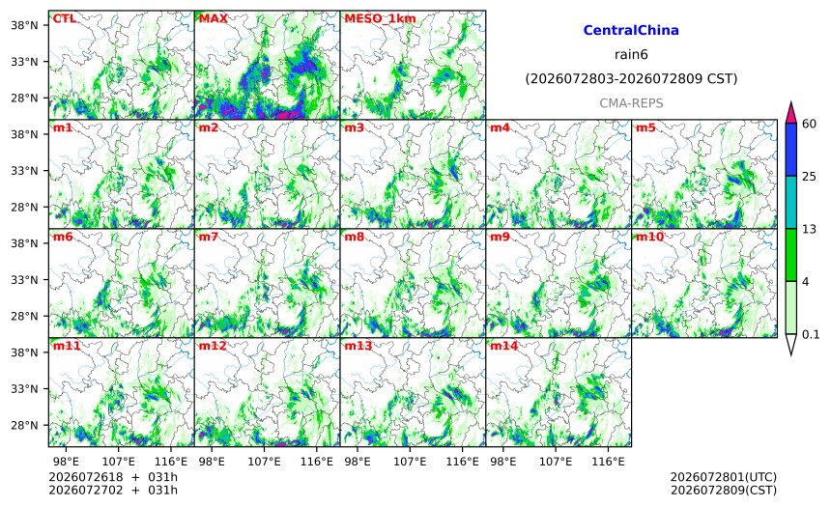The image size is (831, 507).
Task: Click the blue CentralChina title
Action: [x=631, y=30]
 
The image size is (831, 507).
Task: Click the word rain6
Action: [x=631, y=55]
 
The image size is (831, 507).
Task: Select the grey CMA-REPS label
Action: [x=631, y=103]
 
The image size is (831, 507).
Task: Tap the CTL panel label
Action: [x=64, y=18]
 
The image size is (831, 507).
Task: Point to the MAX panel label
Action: [x=213, y=18]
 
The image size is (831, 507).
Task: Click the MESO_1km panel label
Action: [x=380, y=19]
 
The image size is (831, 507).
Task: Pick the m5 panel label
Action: [x=645, y=127]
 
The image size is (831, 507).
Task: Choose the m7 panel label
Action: [x=209, y=237]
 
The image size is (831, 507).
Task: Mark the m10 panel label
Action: [x=649, y=237]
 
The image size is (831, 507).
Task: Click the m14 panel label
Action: [x=504, y=346]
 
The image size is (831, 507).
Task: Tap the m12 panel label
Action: [x=213, y=346]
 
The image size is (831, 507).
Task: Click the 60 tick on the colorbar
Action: [x=809, y=124]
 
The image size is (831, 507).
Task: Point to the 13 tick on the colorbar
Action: [x=809, y=229]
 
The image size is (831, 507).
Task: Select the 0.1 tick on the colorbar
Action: [x=811, y=334]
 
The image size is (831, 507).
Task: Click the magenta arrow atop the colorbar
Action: [x=790, y=112]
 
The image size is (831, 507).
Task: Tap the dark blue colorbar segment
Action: [x=790, y=150]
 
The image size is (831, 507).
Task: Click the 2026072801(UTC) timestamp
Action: [x=724, y=478]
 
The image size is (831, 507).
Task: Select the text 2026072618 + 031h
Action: [x=113, y=477]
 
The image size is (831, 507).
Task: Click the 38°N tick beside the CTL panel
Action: [x=24, y=25]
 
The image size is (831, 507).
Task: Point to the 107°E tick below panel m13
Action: [x=410, y=462]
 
